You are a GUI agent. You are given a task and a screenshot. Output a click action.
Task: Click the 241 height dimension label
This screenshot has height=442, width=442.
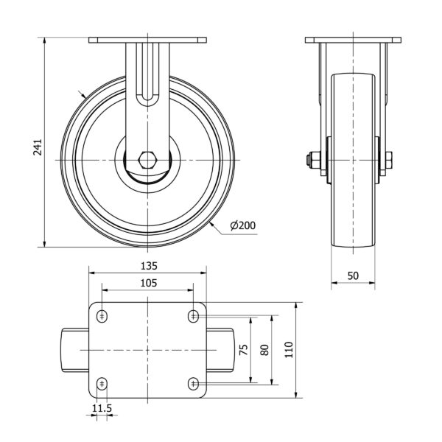pos(38,147)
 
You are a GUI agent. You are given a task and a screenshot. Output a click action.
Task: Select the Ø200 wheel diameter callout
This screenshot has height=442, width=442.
pos(243,225)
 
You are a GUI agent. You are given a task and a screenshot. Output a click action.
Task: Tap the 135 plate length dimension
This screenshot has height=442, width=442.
pos(149,266)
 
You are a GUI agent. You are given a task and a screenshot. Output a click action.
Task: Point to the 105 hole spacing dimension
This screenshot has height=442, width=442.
pos(149,283)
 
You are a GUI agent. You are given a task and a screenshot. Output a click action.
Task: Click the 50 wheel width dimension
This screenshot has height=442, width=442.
pos(353,276)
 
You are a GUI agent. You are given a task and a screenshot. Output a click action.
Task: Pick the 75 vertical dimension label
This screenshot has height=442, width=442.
pos(244,349)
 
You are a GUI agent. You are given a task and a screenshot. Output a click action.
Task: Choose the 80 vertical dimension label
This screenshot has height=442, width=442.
pos(265,350)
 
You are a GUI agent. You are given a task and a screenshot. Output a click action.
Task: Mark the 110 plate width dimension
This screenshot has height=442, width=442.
pos(289,349)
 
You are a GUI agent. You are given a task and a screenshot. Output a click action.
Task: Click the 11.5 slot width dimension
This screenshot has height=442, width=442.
pos(102,408)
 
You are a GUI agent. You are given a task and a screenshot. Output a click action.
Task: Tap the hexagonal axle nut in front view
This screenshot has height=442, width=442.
pos(147,160)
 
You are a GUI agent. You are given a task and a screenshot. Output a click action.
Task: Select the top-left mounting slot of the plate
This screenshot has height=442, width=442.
pos(102,316)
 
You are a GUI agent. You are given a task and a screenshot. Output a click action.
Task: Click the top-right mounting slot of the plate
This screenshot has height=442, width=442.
pos(193,316)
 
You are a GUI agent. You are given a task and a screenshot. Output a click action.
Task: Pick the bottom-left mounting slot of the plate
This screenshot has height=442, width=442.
pos(102,384)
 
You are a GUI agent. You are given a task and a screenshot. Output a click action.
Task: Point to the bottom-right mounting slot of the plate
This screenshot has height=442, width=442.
pos(193,384)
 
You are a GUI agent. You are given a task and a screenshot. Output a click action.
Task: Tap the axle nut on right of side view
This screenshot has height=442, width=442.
pos(389,160)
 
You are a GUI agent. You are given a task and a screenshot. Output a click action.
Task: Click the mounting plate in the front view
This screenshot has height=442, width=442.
pos(147,40)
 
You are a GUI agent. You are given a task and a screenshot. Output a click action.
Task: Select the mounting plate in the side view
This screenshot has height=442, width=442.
pos(353,40)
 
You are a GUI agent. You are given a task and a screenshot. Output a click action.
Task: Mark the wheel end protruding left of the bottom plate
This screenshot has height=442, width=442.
pos(75,350)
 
